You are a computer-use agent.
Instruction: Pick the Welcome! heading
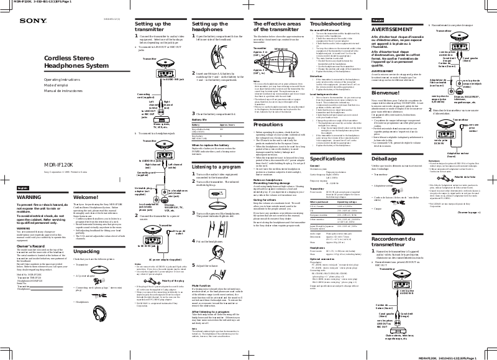[x=86, y=179]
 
